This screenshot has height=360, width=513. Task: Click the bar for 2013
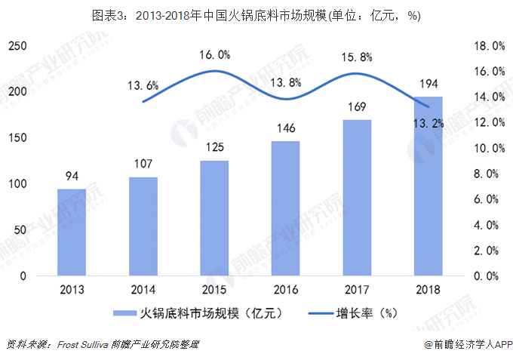point(72,232)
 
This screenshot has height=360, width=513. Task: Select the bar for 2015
point(214,218)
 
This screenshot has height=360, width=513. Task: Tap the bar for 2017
point(357,198)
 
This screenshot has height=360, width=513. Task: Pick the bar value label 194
point(429,84)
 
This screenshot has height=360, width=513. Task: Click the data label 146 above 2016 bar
point(286,128)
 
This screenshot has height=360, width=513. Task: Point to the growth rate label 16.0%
point(215,54)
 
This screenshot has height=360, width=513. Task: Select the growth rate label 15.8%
point(357,57)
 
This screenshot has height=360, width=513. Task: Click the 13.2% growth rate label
point(429,123)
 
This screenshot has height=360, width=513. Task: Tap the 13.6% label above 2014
point(143,85)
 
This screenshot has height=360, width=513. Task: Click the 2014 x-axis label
point(143,290)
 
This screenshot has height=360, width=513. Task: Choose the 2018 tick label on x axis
point(428,290)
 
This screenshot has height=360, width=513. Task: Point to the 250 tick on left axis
point(17,46)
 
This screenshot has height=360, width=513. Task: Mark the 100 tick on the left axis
point(17,184)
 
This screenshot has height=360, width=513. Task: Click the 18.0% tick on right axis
point(490,46)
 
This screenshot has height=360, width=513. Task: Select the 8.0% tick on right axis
point(487,174)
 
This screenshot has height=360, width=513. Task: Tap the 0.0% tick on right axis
point(487,276)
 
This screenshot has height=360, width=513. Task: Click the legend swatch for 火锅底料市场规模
point(124,313)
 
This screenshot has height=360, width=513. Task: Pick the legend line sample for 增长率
point(321,313)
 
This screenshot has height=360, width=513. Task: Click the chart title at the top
point(256,15)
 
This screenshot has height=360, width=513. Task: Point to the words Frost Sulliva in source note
point(82,344)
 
